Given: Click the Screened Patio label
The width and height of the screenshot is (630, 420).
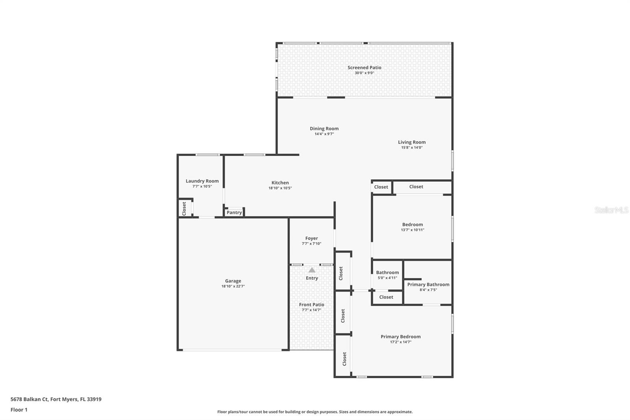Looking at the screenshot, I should pyautogui.click(x=364, y=67).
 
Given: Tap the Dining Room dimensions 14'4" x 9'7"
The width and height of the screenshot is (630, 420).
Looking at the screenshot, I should pyautogui.click(x=324, y=134).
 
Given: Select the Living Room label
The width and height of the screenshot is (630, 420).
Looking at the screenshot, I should pyautogui.click(x=411, y=142).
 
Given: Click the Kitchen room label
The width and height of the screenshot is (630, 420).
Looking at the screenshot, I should pyautogui.click(x=280, y=182).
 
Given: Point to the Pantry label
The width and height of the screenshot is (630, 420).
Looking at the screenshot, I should pyautogui.click(x=234, y=212).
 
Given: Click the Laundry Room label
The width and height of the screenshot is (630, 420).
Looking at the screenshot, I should pyautogui.click(x=202, y=181).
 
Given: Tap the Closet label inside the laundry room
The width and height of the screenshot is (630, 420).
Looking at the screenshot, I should pyautogui.click(x=184, y=208).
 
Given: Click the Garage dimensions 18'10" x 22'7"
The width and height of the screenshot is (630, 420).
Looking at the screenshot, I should pyautogui.click(x=233, y=286).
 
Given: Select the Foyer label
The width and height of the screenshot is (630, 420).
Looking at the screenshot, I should pyautogui.click(x=311, y=238).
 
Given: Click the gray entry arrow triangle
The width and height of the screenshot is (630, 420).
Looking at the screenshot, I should pyautogui.click(x=312, y=270).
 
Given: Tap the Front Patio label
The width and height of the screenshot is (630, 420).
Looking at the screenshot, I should pyautogui.click(x=311, y=305).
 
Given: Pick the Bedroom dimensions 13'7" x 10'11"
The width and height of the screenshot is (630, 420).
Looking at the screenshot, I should pyautogui.click(x=412, y=230).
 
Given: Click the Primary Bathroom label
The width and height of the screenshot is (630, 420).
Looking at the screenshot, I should pyautogui.click(x=428, y=284).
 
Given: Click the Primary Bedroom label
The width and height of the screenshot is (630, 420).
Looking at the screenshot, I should pyautogui.click(x=400, y=336).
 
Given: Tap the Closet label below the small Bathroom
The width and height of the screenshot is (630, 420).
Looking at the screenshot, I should pyautogui.click(x=386, y=297).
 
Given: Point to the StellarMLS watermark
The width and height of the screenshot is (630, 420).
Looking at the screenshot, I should pyautogui.click(x=611, y=210).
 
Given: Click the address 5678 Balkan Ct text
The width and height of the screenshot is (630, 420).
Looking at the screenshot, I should pyautogui.click(x=56, y=399).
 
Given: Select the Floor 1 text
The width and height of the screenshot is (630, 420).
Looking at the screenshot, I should pyautogui.click(x=19, y=410).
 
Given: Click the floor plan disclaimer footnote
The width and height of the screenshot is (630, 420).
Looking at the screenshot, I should pyautogui.click(x=315, y=412).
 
